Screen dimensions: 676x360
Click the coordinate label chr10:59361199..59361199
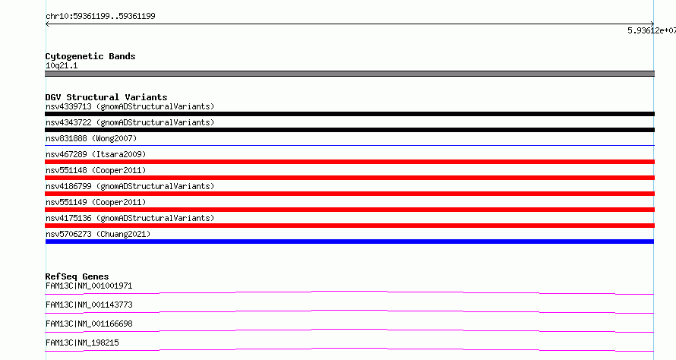[100, 17]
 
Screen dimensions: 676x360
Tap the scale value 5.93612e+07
[652, 30]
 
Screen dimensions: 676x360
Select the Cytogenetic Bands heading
[90, 56]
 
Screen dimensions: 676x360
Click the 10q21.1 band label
[62, 65]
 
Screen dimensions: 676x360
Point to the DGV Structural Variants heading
[106, 97]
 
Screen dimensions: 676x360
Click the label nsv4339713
[68, 106]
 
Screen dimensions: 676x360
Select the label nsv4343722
[68, 122]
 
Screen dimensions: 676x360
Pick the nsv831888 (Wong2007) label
[91, 138]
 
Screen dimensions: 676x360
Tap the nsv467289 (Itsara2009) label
[96, 154]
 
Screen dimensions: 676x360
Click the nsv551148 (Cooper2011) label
[96, 170]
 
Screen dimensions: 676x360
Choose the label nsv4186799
[68, 186]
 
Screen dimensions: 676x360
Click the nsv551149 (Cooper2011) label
[96, 202]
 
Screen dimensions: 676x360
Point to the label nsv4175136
[68, 218]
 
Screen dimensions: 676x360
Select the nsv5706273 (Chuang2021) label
[98, 234]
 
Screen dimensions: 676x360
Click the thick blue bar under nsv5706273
[349, 242]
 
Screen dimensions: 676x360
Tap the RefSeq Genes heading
[77, 276]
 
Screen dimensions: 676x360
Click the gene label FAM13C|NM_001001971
[89, 286]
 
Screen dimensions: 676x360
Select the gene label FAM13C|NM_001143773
[89, 305]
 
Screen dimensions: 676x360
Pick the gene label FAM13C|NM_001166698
[89, 324]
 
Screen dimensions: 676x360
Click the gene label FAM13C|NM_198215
[82, 343]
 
